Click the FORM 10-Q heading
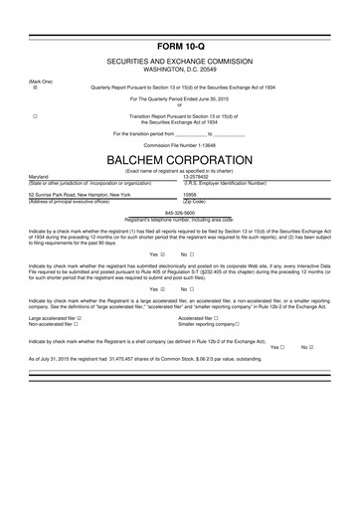coord(180,47)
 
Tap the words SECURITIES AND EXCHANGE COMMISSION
coord(180,62)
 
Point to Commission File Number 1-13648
coord(180,145)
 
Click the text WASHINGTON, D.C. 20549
coord(180,69)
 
